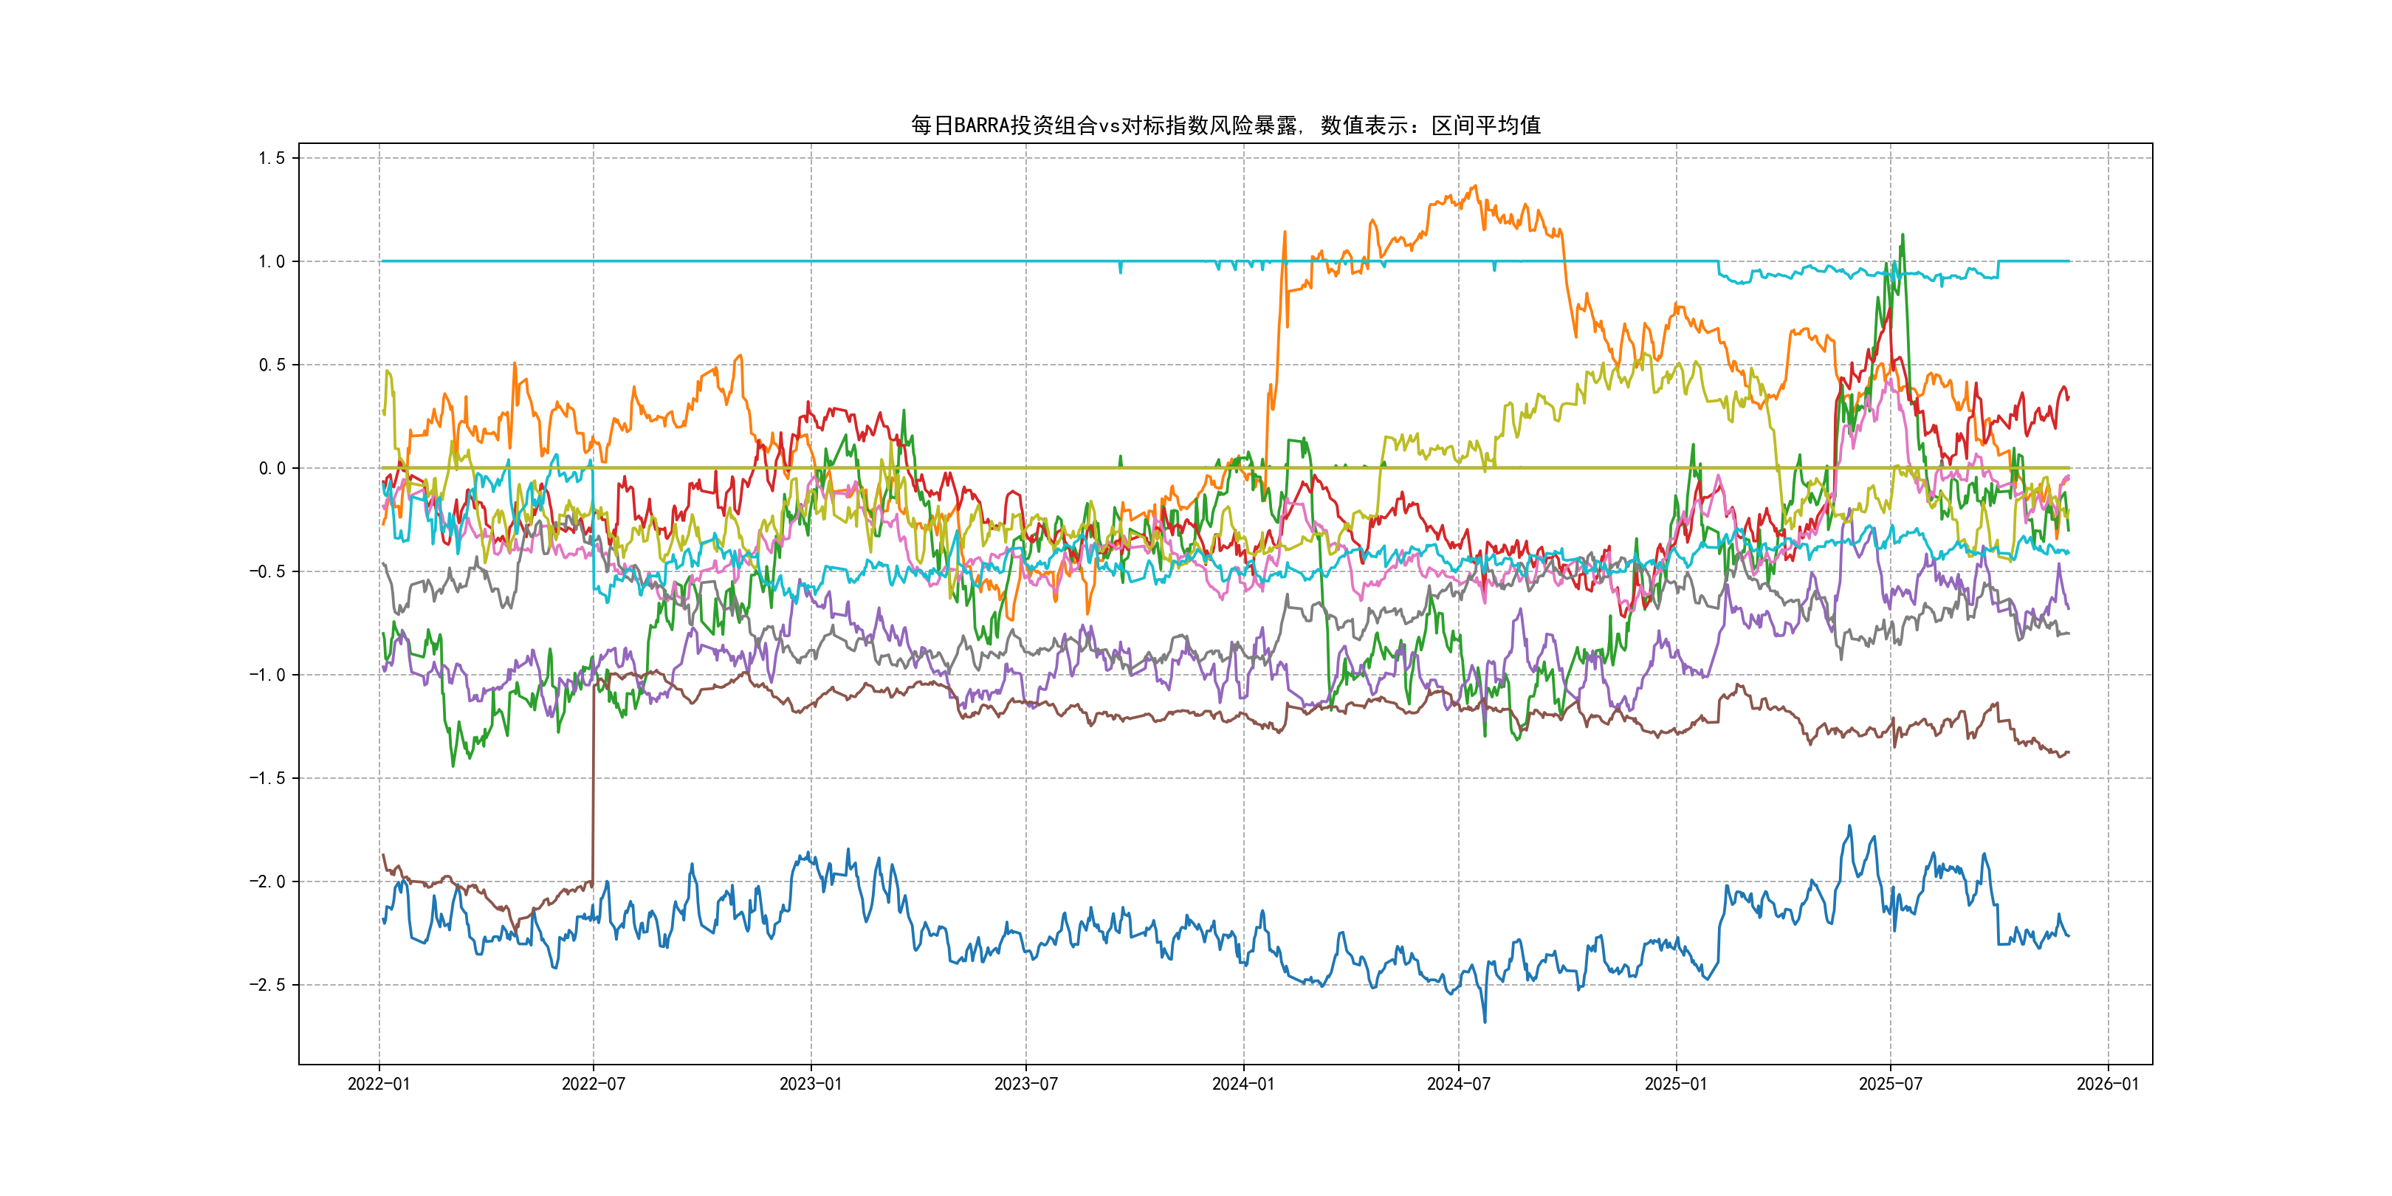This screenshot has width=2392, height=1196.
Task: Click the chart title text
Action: pos(1225,126)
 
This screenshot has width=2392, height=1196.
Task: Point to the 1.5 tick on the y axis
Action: pos(272,159)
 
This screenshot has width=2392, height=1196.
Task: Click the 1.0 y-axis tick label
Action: pos(272,262)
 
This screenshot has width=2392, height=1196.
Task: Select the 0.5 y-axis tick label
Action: pos(272,365)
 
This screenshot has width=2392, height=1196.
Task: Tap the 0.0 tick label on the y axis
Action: pos(272,469)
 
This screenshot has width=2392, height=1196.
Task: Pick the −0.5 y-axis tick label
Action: pos(267,572)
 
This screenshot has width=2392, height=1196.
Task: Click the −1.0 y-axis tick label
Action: pos(267,675)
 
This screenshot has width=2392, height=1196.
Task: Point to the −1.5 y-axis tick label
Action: pos(267,778)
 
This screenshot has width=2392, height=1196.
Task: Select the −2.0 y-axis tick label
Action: pos(267,882)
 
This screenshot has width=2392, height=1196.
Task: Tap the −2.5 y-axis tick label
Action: pos(267,985)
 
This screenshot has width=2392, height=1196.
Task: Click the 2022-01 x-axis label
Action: pos(379,1085)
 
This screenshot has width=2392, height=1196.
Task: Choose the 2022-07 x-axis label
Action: pos(594,1085)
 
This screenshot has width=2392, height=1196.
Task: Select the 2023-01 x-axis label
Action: pos(811,1085)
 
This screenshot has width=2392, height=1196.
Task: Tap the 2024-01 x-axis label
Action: pos(1243,1085)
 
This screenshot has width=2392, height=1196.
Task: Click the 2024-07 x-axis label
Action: pos(1459,1085)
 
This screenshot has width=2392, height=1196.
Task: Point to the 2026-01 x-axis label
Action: pos(2108,1085)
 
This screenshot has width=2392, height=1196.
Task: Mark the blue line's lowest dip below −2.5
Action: pos(1484,1022)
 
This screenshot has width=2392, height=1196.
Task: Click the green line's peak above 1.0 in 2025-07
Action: pos(1903,235)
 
